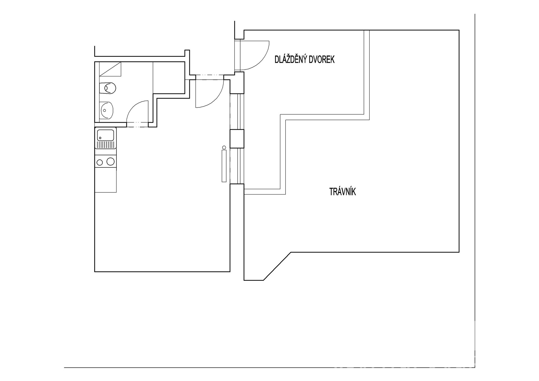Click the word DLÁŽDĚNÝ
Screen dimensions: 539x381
click(x=291, y=60)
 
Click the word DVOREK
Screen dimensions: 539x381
click(x=322, y=60)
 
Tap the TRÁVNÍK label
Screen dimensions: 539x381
click(x=342, y=192)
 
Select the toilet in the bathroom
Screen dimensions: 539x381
click(x=108, y=88)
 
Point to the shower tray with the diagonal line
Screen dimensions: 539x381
click(x=110, y=69)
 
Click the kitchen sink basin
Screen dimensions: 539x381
click(x=106, y=135)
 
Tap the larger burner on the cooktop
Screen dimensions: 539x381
click(x=111, y=161)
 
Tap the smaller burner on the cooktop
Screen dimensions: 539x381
click(x=100, y=162)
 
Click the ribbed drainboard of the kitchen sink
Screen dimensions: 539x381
click(x=106, y=145)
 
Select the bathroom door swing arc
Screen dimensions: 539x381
click(x=137, y=111)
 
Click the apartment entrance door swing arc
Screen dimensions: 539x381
click(x=209, y=93)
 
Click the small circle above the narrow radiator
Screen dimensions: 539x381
click(x=224, y=147)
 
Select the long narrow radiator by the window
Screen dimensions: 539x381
click(x=224, y=166)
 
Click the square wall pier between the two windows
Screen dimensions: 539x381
click(x=237, y=138)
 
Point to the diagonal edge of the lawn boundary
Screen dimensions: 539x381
click(x=277, y=266)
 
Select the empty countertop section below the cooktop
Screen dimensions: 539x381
click(x=106, y=180)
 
